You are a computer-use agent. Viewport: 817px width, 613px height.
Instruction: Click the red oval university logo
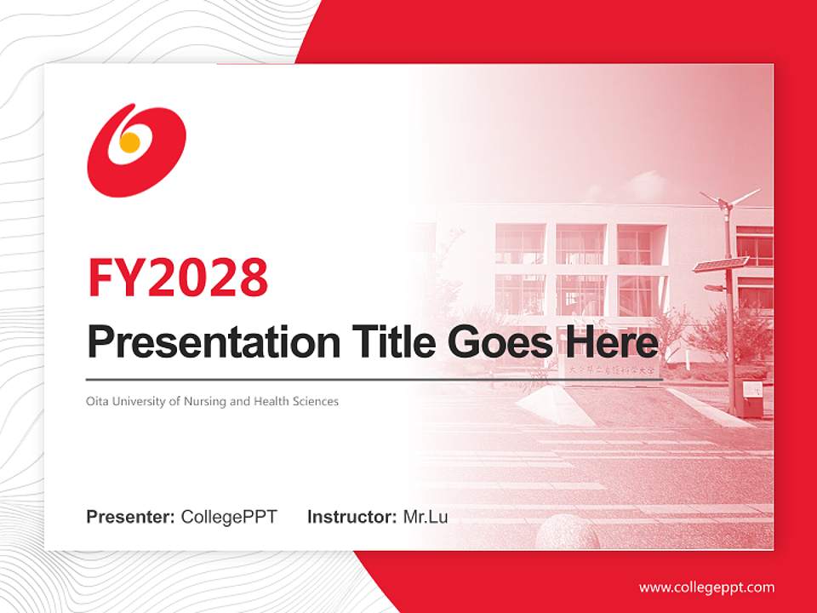(136, 150)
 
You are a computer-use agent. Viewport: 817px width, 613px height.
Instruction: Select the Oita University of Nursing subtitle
(212, 401)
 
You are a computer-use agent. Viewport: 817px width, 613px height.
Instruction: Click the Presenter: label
(131, 517)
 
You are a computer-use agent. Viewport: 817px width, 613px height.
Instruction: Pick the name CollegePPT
(229, 517)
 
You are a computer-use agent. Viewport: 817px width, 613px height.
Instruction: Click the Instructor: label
(351, 517)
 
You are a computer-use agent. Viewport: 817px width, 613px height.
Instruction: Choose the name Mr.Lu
(426, 517)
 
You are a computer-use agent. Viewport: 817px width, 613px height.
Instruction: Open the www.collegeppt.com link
(706, 587)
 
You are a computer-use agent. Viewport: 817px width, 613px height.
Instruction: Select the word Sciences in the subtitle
(315, 401)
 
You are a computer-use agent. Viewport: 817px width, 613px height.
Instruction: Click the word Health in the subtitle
(270, 401)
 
